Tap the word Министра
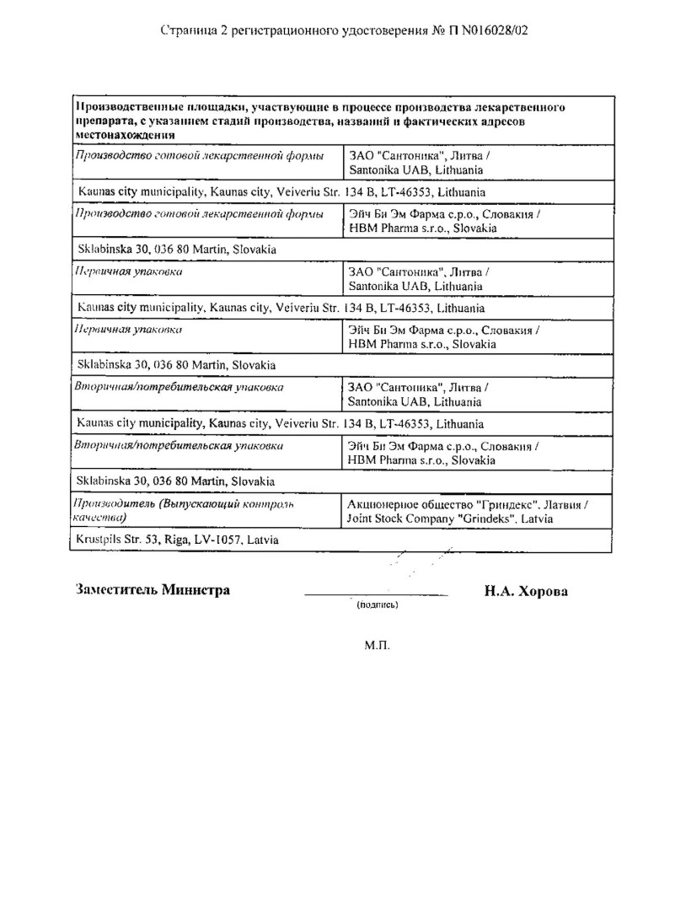coord(196,590)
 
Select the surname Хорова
coord(541,591)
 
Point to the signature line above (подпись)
coord(376,596)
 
